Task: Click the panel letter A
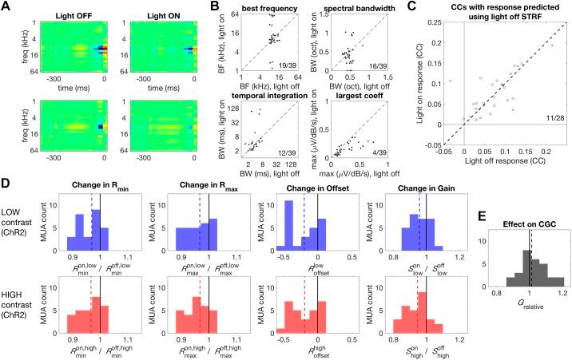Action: [x=6, y=6]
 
